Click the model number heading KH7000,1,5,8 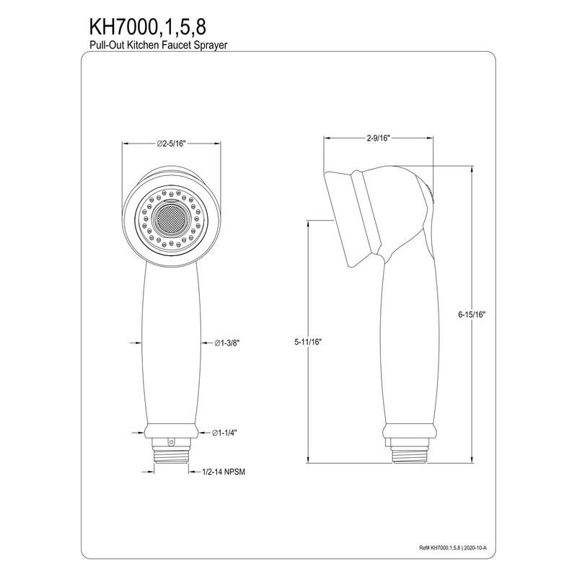click(148, 27)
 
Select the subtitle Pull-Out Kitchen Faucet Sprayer click(159, 45)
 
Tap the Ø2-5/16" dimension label click(170, 144)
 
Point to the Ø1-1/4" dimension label click(224, 433)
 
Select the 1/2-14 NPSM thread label click(224, 472)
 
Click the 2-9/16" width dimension click(378, 138)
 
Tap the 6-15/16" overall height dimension click(472, 314)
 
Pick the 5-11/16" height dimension click(308, 342)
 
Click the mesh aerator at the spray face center click(172, 220)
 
